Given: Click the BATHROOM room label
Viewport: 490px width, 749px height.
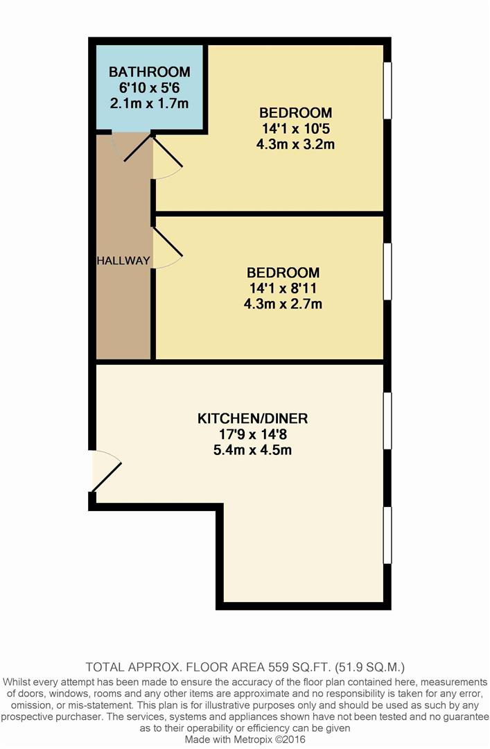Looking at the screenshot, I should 149,72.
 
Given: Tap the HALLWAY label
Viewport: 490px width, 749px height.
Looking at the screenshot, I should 123,261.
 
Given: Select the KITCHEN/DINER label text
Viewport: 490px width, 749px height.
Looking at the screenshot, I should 252,419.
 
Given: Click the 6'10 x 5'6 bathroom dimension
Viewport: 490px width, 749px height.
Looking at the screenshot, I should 149,87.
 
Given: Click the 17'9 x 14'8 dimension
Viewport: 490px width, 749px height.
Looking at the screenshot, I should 252,435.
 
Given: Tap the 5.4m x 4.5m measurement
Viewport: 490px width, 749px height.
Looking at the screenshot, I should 252,450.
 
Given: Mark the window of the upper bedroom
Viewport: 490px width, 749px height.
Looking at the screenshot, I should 388,90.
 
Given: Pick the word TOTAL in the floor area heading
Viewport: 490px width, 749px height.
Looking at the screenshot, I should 104,668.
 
